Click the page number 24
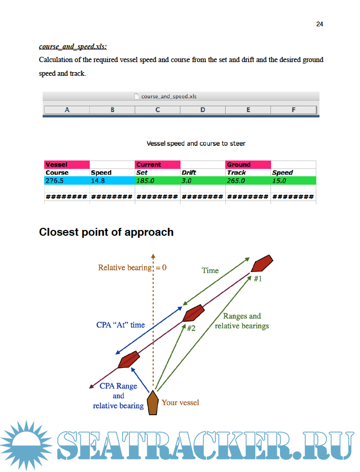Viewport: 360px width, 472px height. click(319, 24)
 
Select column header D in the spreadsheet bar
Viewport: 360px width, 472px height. click(203, 109)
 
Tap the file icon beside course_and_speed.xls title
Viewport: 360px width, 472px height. click(137, 96)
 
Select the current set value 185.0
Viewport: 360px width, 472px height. click(146, 180)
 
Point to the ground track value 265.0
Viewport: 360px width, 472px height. click(236, 180)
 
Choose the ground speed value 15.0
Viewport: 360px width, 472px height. click(279, 180)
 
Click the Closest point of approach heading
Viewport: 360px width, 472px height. click(106, 232)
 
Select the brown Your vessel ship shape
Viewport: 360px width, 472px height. click(153, 403)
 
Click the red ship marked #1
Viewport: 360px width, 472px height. click(262, 264)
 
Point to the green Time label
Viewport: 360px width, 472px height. click(210, 270)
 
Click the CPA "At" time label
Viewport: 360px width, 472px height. click(121, 325)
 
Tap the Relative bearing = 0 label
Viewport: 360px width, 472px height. click(132, 267)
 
